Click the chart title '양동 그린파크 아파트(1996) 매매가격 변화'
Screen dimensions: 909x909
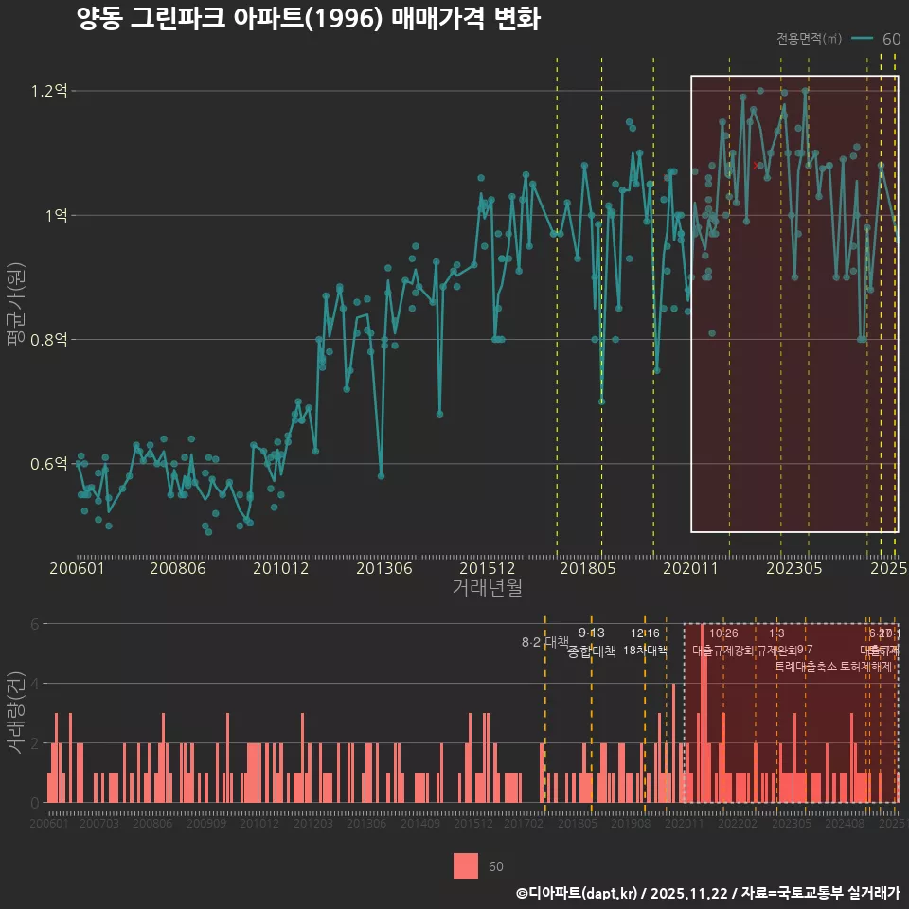(308, 19)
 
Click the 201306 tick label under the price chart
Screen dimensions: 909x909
(383, 569)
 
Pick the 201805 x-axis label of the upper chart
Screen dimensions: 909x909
(587, 569)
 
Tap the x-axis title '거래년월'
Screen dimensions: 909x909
(487, 588)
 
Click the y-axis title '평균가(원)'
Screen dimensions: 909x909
(14, 308)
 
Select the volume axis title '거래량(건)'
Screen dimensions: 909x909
(14, 713)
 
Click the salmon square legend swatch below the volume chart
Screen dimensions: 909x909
(466, 866)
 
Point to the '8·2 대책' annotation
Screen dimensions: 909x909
(544, 642)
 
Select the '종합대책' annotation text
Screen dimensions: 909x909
(592, 651)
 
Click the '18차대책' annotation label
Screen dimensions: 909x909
(646, 651)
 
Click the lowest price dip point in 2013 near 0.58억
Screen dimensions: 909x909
(381, 476)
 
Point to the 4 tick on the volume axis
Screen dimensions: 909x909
(36, 684)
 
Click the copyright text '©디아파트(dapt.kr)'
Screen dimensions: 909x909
(577, 893)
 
